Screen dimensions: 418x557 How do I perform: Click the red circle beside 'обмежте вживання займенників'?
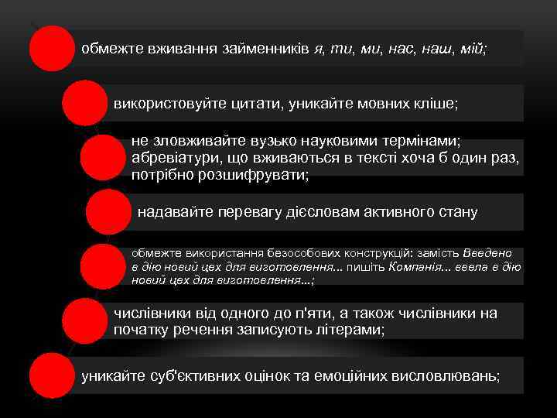click(51, 48)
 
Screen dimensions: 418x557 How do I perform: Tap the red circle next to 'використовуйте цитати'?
click(84, 102)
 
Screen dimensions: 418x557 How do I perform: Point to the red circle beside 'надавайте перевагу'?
click(108, 211)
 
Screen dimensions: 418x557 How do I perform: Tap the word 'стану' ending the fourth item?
click(458, 212)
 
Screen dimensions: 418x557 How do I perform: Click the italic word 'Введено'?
click(488, 253)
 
